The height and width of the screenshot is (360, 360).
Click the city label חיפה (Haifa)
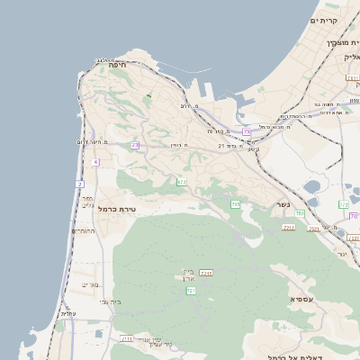coord(117,65)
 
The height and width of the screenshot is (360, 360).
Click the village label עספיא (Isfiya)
coord(302,298)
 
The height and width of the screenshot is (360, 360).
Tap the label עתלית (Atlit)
coord(67,313)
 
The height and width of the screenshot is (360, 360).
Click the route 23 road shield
coord(135,145)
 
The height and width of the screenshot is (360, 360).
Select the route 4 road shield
coord(95,162)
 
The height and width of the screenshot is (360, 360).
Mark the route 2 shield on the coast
coord(79,184)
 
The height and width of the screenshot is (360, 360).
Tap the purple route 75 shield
coord(247,131)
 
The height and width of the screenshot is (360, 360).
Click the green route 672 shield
coord(182,182)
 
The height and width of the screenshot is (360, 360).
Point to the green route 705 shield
coord(235,204)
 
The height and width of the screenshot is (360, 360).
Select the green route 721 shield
coord(191,291)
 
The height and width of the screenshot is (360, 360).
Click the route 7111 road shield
coord(126,338)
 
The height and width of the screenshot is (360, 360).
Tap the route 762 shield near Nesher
coord(300,212)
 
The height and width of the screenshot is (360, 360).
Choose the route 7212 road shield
coord(289,227)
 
